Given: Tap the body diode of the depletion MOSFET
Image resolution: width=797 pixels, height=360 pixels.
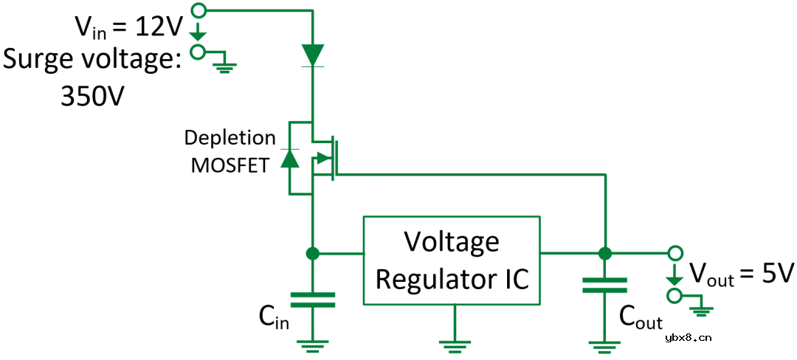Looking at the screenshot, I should [289, 158].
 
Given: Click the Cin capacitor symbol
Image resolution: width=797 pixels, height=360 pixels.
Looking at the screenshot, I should [313, 299].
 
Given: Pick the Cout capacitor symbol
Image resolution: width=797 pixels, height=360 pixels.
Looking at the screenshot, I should [604, 285].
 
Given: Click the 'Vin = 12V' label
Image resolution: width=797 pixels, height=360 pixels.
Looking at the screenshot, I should [128, 27].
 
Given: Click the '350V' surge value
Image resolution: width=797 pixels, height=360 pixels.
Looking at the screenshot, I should [90, 94].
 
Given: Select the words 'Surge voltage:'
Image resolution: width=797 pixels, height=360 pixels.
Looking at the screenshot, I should [92, 59].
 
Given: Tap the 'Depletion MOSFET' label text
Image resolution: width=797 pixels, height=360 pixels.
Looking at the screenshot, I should [229, 151].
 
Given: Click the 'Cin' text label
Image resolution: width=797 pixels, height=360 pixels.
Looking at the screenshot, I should [273, 316].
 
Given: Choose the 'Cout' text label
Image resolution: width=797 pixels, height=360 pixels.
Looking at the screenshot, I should [640, 317].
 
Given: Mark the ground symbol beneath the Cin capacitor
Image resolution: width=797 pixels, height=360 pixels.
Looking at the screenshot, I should [313, 342].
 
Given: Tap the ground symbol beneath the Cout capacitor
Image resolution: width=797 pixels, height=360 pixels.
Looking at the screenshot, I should [604, 342].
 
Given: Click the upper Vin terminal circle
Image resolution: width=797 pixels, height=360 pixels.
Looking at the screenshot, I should [198, 10].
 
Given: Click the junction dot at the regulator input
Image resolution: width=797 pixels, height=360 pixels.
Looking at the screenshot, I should [313, 254].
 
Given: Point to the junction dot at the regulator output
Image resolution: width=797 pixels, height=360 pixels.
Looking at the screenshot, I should [604, 254].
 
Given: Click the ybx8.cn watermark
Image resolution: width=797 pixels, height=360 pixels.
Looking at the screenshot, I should [688, 338].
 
